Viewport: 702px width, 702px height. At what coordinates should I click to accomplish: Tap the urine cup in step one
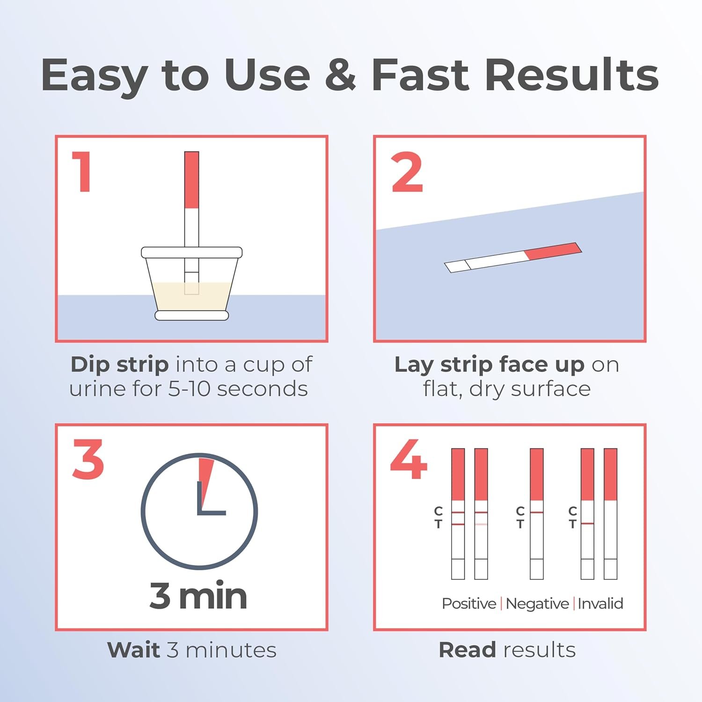(192, 284)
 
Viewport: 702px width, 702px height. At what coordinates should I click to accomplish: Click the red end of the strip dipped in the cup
(192, 180)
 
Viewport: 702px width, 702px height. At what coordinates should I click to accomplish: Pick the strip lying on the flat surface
(513, 257)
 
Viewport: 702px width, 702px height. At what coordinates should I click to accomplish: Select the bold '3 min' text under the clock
(198, 596)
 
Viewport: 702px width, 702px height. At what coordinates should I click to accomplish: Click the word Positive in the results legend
(469, 604)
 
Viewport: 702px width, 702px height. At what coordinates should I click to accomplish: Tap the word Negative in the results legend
(537, 604)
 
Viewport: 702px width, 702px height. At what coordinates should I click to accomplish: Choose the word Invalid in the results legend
(600, 604)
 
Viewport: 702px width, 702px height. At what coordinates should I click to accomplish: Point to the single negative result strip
(537, 514)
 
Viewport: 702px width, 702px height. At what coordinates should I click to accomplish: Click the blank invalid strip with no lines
(610, 514)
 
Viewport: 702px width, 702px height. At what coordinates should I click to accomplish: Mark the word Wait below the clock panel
(134, 650)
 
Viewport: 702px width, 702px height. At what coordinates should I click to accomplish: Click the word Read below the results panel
(467, 650)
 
